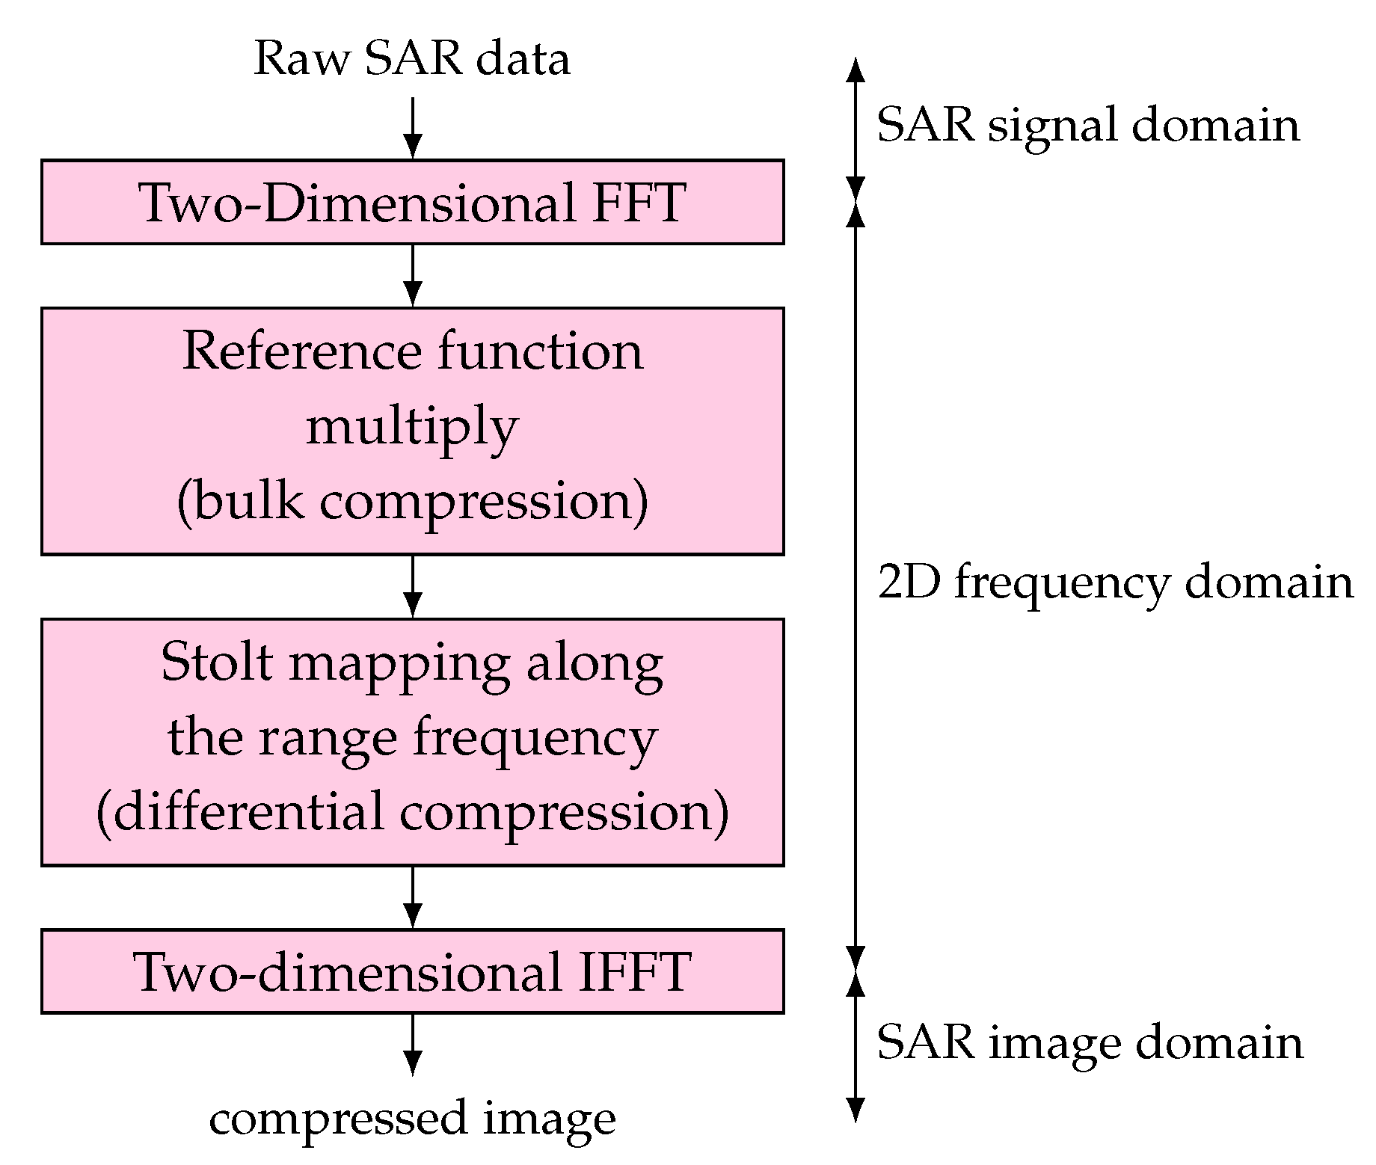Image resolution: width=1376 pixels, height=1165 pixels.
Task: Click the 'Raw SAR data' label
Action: tap(412, 59)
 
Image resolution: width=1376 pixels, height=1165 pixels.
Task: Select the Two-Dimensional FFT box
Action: tap(412, 202)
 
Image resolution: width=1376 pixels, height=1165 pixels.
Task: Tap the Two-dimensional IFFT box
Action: tap(412, 971)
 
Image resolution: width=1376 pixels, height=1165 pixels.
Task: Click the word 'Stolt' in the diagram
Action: tap(216, 663)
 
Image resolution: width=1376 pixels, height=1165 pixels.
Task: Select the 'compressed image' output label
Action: tap(412, 1119)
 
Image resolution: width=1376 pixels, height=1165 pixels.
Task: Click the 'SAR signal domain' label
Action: tap(1088, 125)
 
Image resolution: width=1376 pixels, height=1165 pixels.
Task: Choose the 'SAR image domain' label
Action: tap(1090, 1042)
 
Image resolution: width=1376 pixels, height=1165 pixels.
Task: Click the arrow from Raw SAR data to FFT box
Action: tap(412, 127)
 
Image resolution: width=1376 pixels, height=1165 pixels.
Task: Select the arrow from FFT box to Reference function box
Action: tap(412, 275)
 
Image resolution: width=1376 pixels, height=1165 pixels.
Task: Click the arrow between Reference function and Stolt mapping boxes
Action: tap(412, 586)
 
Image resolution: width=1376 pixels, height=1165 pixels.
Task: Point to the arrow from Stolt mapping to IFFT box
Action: tap(412, 897)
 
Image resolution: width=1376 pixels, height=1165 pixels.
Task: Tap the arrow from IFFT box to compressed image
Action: tap(412, 1044)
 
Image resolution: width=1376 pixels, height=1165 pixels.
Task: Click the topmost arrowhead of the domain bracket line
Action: tap(856, 71)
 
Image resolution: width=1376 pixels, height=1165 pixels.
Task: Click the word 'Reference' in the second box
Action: tap(302, 351)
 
